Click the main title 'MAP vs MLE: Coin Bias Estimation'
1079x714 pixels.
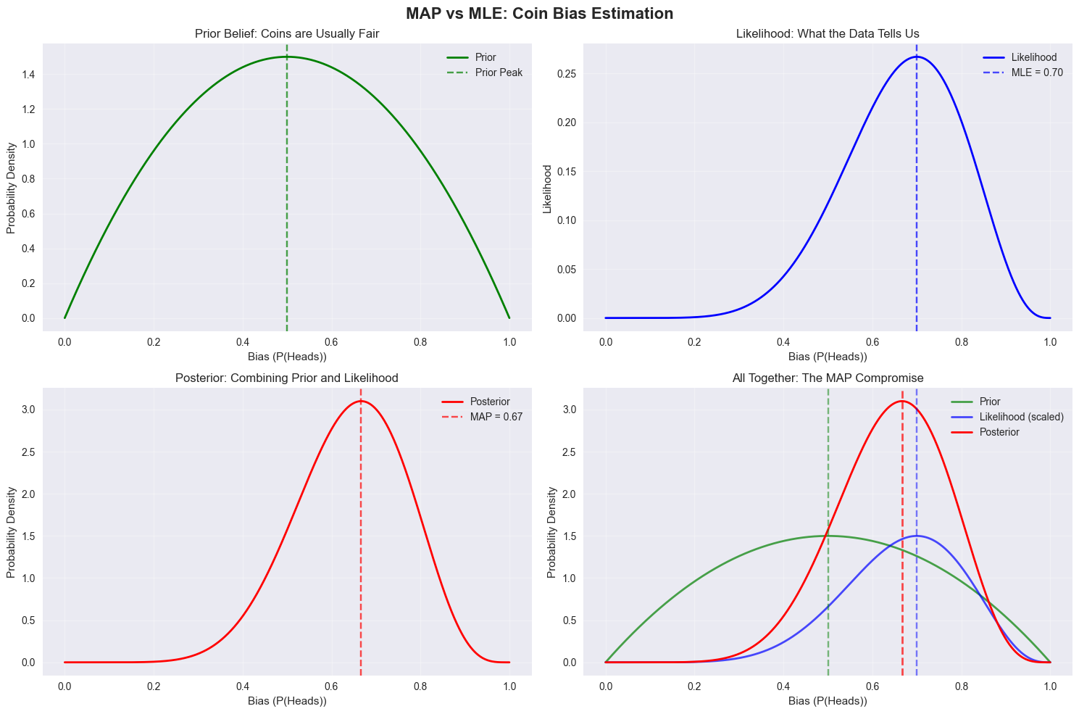[539, 13]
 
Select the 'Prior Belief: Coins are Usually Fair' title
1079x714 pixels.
[287, 33]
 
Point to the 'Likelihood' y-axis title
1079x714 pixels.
[548, 188]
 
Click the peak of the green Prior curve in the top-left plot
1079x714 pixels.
[287, 57]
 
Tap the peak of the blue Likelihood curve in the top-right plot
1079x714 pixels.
[917, 57]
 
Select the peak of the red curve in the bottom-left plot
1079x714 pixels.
[361, 401]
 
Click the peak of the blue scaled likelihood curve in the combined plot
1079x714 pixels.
[917, 536]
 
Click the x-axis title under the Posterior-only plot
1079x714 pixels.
[287, 701]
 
